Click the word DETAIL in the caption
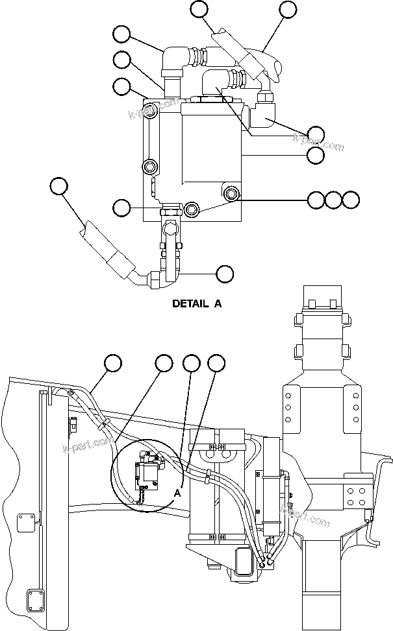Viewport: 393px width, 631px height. point(186,303)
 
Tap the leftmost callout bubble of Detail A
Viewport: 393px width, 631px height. point(59,186)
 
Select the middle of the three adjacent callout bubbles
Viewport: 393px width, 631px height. point(333,200)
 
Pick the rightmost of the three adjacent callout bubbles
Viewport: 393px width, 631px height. point(351,200)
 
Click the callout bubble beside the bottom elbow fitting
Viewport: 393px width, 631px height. point(225,274)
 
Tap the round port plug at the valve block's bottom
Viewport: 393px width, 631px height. point(192,209)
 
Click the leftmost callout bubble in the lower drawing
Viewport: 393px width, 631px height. point(114,363)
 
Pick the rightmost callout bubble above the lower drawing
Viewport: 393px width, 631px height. point(216,363)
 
